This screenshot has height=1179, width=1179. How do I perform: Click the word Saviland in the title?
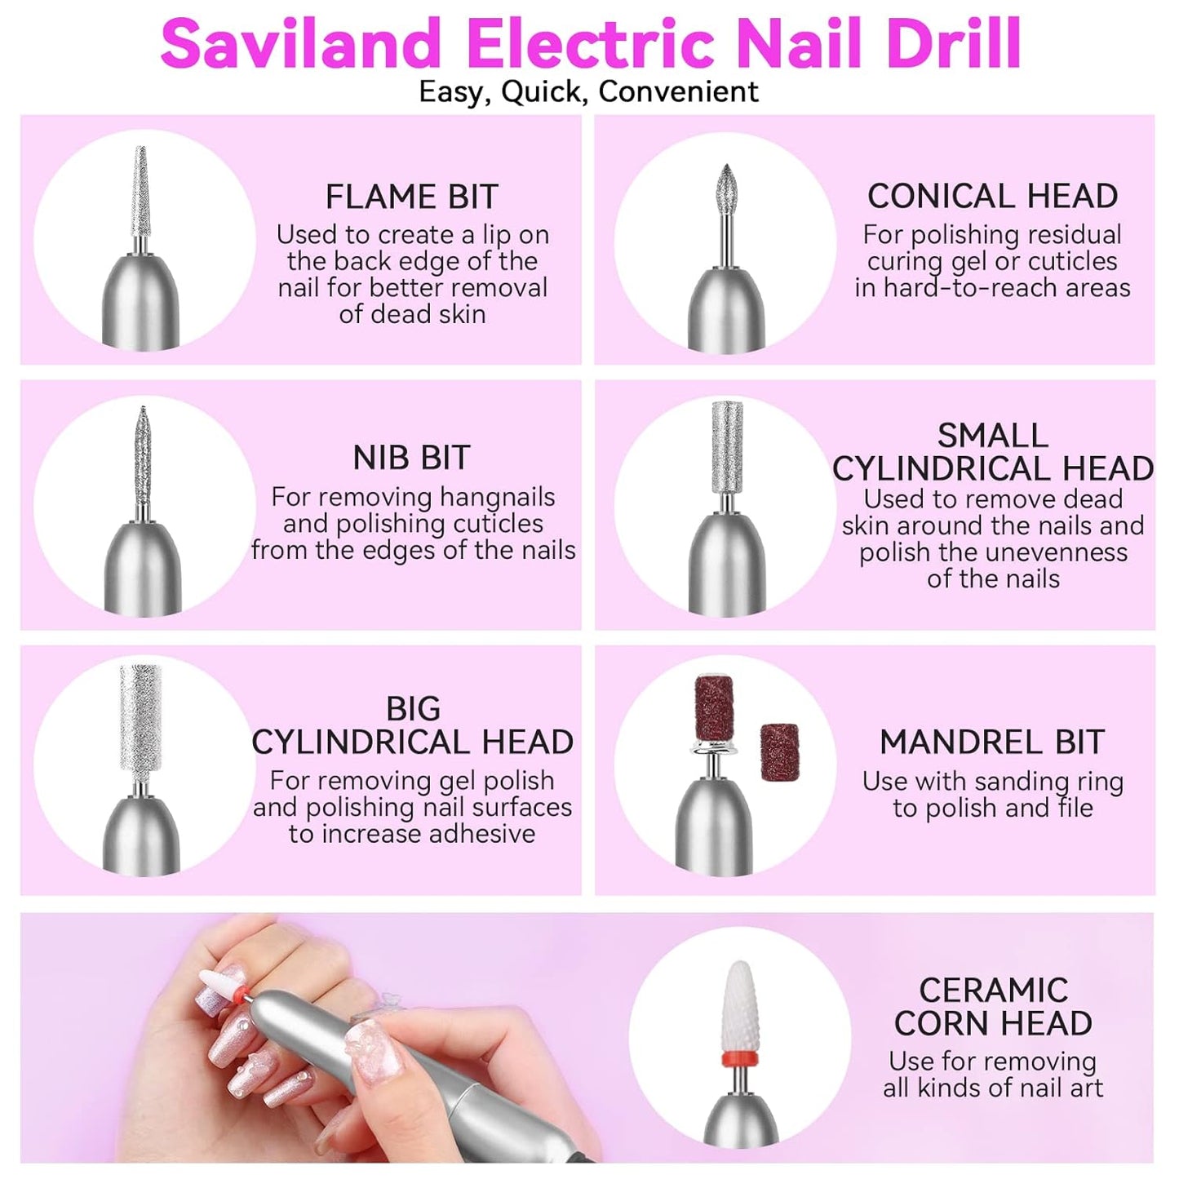pyautogui.click(x=300, y=44)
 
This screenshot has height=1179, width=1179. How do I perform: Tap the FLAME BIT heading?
pyautogui.click(x=411, y=197)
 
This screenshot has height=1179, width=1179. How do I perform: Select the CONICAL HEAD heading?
pyautogui.click(x=992, y=197)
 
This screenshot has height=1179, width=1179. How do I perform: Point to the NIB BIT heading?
pyautogui.click(x=411, y=458)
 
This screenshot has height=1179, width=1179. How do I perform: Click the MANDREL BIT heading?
pyautogui.click(x=992, y=742)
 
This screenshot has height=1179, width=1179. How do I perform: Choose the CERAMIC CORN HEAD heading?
pyautogui.click(x=993, y=1007)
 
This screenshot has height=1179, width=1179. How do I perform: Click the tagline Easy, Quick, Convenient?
pyautogui.click(x=588, y=91)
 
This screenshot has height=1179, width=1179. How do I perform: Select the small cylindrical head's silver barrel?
pyautogui.click(x=727, y=447)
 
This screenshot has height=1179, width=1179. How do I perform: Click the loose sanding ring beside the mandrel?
pyautogui.click(x=779, y=751)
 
